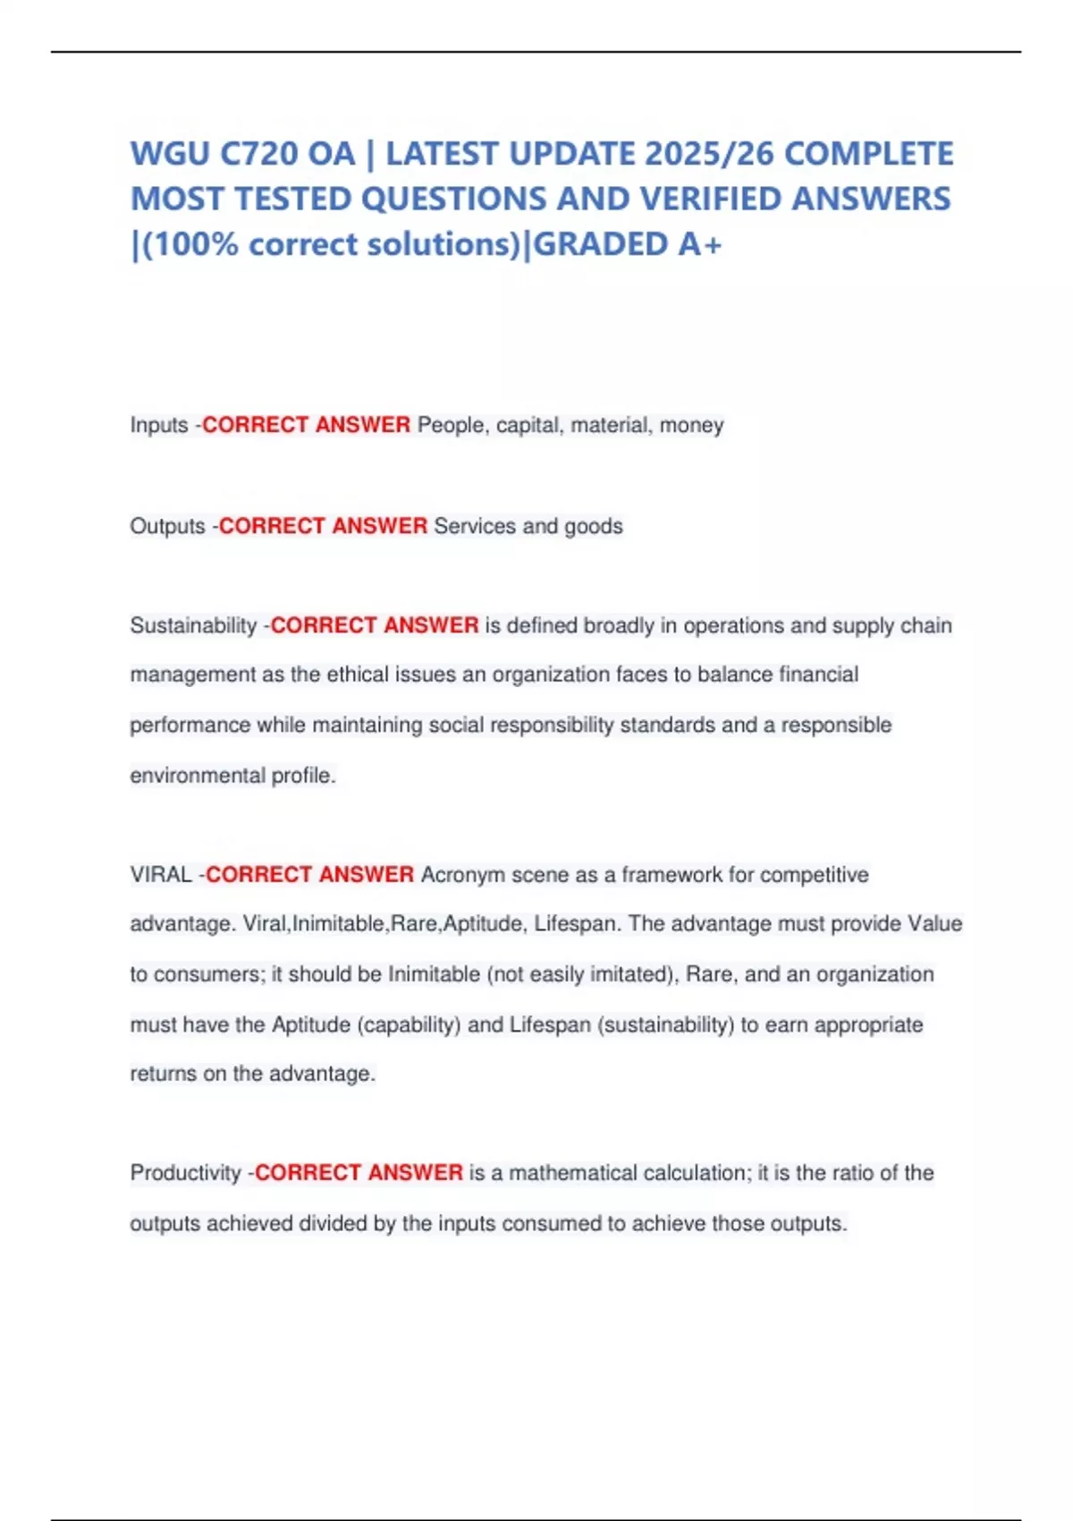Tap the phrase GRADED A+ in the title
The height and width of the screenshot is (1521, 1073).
[627, 244]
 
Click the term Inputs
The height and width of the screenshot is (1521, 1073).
[159, 425]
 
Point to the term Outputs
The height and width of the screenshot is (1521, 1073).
[167, 526]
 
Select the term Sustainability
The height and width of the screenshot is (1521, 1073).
[193, 625]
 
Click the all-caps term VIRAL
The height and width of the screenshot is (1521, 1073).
[161, 874]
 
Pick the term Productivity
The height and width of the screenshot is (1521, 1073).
[185, 1173]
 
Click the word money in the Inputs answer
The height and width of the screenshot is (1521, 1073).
[691, 425]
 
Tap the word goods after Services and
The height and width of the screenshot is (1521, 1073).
[593, 526]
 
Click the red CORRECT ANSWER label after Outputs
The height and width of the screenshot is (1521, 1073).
[323, 526]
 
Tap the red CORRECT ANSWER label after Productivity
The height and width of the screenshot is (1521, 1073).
[359, 1173]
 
